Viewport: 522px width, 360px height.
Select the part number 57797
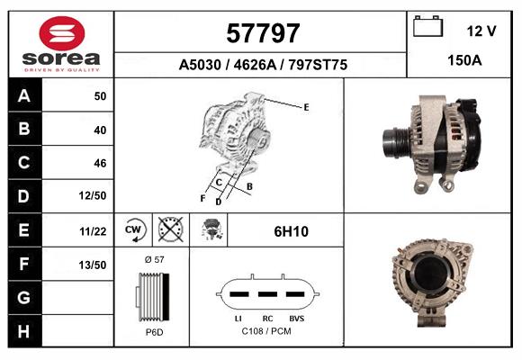point(261,34)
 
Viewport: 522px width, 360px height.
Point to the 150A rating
point(465,59)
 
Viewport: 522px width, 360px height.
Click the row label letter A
point(23,96)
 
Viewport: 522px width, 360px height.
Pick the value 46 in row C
point(100,163)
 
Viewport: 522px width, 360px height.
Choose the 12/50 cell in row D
point(94,196)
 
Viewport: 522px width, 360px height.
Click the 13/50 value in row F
point(94,265)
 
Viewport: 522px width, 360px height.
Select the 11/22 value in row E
point(94,231)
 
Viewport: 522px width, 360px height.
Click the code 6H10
point(291,231)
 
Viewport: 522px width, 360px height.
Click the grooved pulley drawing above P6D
point(152,295)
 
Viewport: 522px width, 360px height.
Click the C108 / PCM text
point(267,331)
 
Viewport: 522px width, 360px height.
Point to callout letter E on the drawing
point(306,107)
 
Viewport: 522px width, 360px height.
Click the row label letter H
point(23,330)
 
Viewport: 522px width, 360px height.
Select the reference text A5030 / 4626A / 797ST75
point(263,66)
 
